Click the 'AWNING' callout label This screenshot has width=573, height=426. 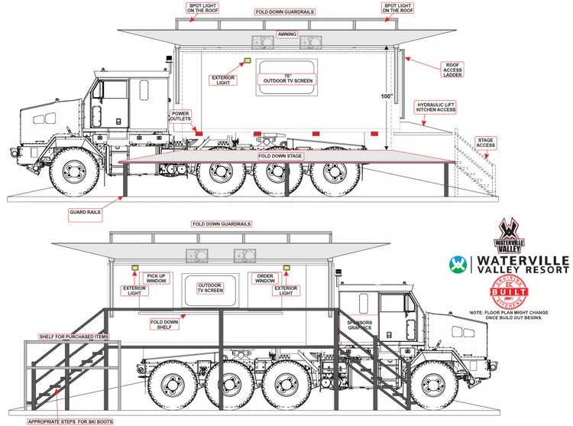pos(287,35)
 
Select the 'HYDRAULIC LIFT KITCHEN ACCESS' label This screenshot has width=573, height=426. pos(435,107)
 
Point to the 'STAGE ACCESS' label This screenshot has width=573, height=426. pos(485,143)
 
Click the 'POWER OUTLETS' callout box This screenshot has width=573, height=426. pos(180,115)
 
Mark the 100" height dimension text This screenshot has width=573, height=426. pos(387,96)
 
